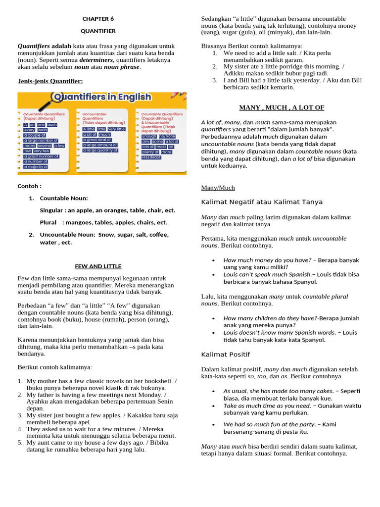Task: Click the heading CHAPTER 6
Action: (98, 19)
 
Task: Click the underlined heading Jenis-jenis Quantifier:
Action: (50, 81)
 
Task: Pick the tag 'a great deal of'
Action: (97, 140)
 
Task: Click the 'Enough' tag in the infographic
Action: (149, 136)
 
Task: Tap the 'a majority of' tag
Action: (36, 167)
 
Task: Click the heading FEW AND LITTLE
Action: (98, 266)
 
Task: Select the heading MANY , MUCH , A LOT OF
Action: (282, 107)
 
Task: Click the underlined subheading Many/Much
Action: (218, 188)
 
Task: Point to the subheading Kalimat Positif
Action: (225, 355)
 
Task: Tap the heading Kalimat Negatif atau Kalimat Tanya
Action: (262, 202)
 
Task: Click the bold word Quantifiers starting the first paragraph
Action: (34, 46)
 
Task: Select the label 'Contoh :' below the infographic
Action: (30, 187)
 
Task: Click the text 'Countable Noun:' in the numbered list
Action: (64, 198)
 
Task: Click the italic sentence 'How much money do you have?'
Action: (267, 260)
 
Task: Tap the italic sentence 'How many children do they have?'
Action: (271, 318)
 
